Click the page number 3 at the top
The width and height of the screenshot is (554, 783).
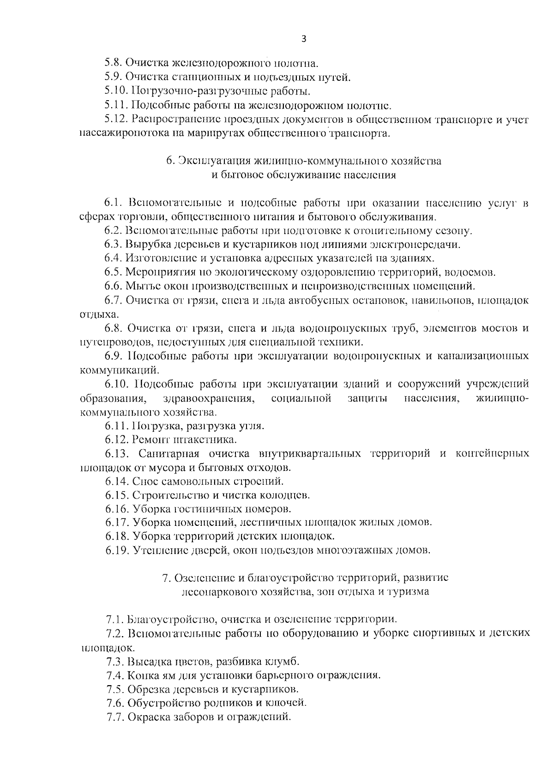tap(303, 39)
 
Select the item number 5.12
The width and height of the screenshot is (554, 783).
tap(116, 120)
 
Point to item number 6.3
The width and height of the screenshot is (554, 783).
tap(114, 245)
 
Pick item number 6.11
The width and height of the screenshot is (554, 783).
tap(116, 426)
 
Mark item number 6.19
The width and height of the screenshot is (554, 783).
tap(116, 550)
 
